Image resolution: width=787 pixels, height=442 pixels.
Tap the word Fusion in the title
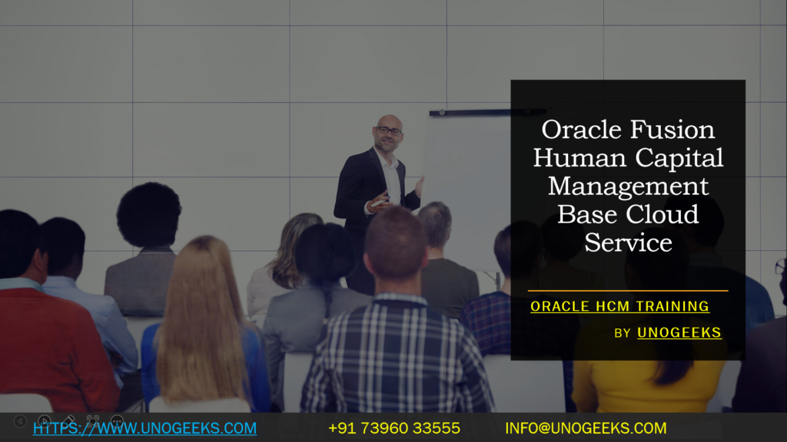(674, 129)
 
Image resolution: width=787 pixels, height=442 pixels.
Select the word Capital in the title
(680, 157)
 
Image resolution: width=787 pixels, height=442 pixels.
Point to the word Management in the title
(629, 186)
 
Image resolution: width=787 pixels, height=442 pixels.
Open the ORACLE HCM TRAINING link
(619, 306)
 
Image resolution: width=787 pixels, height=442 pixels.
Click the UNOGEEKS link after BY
(679, 332)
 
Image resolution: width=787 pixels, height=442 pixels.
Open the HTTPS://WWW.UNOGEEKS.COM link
(144, 428)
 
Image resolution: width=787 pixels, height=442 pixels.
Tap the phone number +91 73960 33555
(394, 428)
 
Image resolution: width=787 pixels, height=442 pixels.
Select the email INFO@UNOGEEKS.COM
(586, 428)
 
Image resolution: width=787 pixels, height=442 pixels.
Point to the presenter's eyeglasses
(389, 132)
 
